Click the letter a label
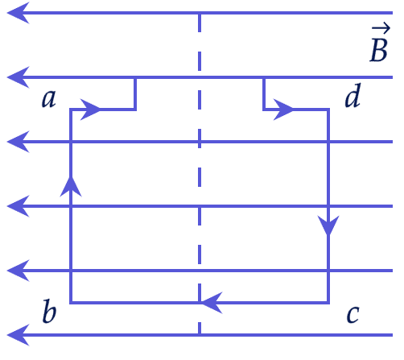49,98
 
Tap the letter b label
49,311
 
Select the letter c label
352,314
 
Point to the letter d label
352,95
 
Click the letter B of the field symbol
378,51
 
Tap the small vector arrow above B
381,28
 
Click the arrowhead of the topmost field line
19,13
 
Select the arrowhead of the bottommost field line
19,335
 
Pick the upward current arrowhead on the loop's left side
71,187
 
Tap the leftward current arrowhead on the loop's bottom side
212,303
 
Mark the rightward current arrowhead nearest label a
90,110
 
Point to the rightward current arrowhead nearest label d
283,110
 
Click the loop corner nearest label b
71,303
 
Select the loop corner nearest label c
328,303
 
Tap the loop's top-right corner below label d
328,110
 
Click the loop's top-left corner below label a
71,110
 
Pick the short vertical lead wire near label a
135,93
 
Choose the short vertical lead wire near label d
264,93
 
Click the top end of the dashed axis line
200,14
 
